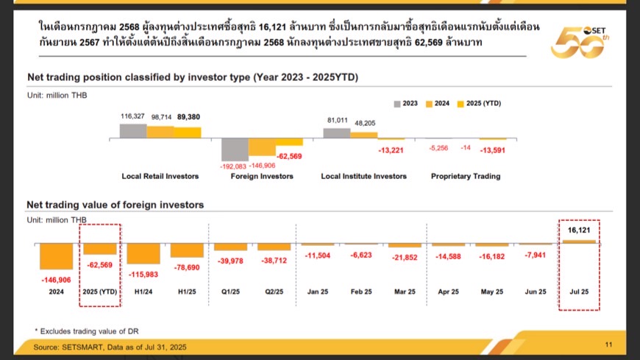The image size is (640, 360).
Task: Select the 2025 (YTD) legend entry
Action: pyautogui.click(x=480, y=104)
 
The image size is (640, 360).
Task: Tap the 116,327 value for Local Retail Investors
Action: pyautogui.click(x=132, y=117)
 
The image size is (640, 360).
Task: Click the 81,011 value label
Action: pyautogui.click(x=336, y=120)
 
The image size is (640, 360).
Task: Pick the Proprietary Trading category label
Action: pyautogui.click(x=466, y=176)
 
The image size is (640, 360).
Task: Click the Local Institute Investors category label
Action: pyautogui.click(x=364, y=176)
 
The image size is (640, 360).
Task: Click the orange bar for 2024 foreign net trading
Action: pyautogui.click(x=56, y=255)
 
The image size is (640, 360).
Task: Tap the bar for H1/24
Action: pyautogui.click(x=143, y=253)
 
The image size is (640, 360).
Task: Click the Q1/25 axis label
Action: pyautogui.click(x=230, y=292)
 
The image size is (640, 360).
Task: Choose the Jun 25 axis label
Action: pyautogui.click(x=536, y=292)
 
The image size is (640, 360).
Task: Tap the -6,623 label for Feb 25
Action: pyautogui.click(x=362, y=254)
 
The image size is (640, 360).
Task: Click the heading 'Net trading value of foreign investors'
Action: pyautogui.click(x=115, y=205)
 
